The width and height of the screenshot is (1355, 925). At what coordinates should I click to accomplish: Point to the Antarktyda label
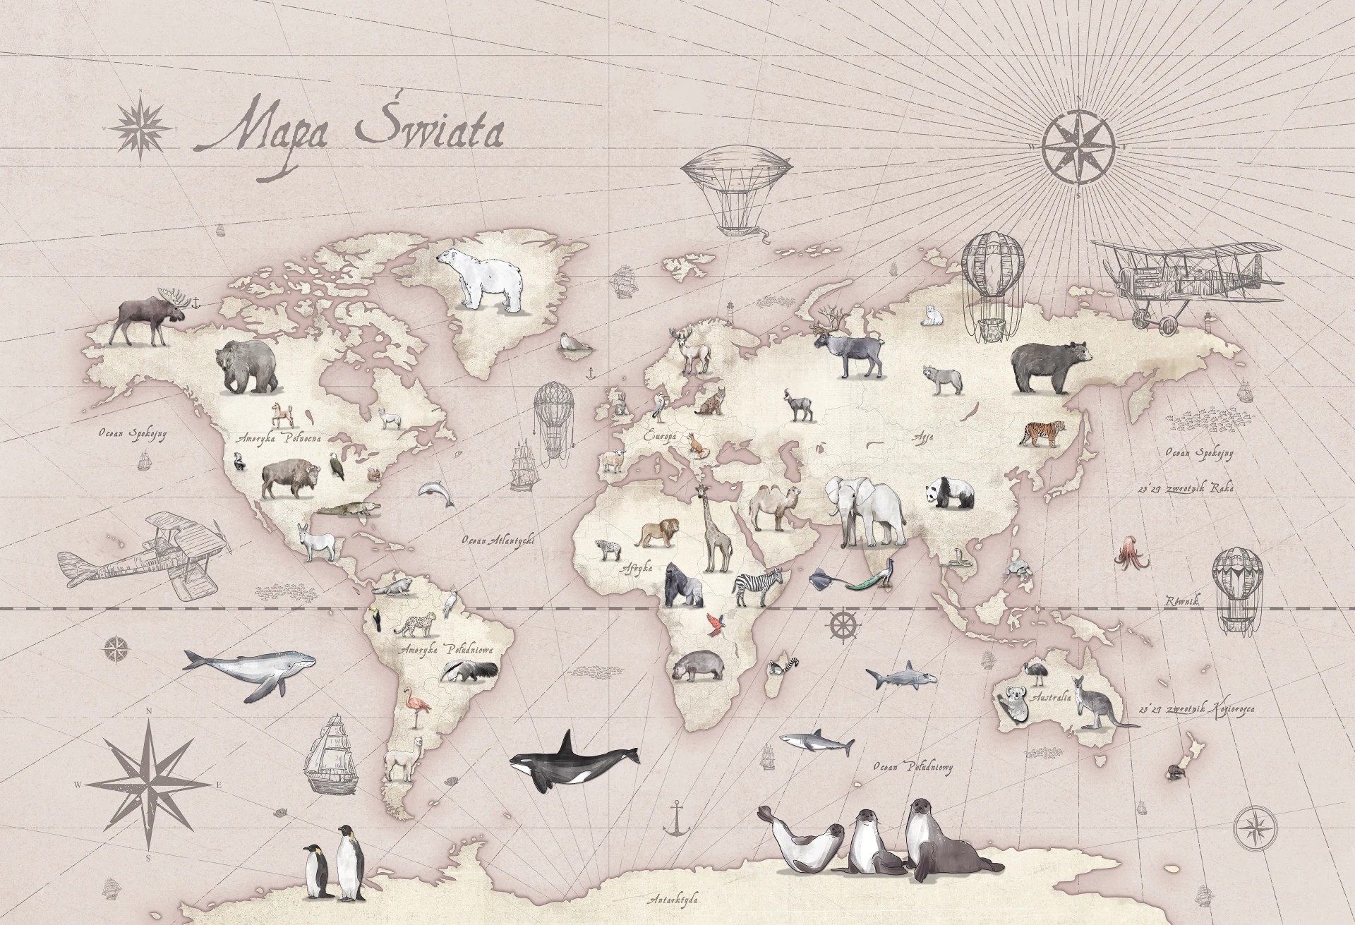pos(674,900)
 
